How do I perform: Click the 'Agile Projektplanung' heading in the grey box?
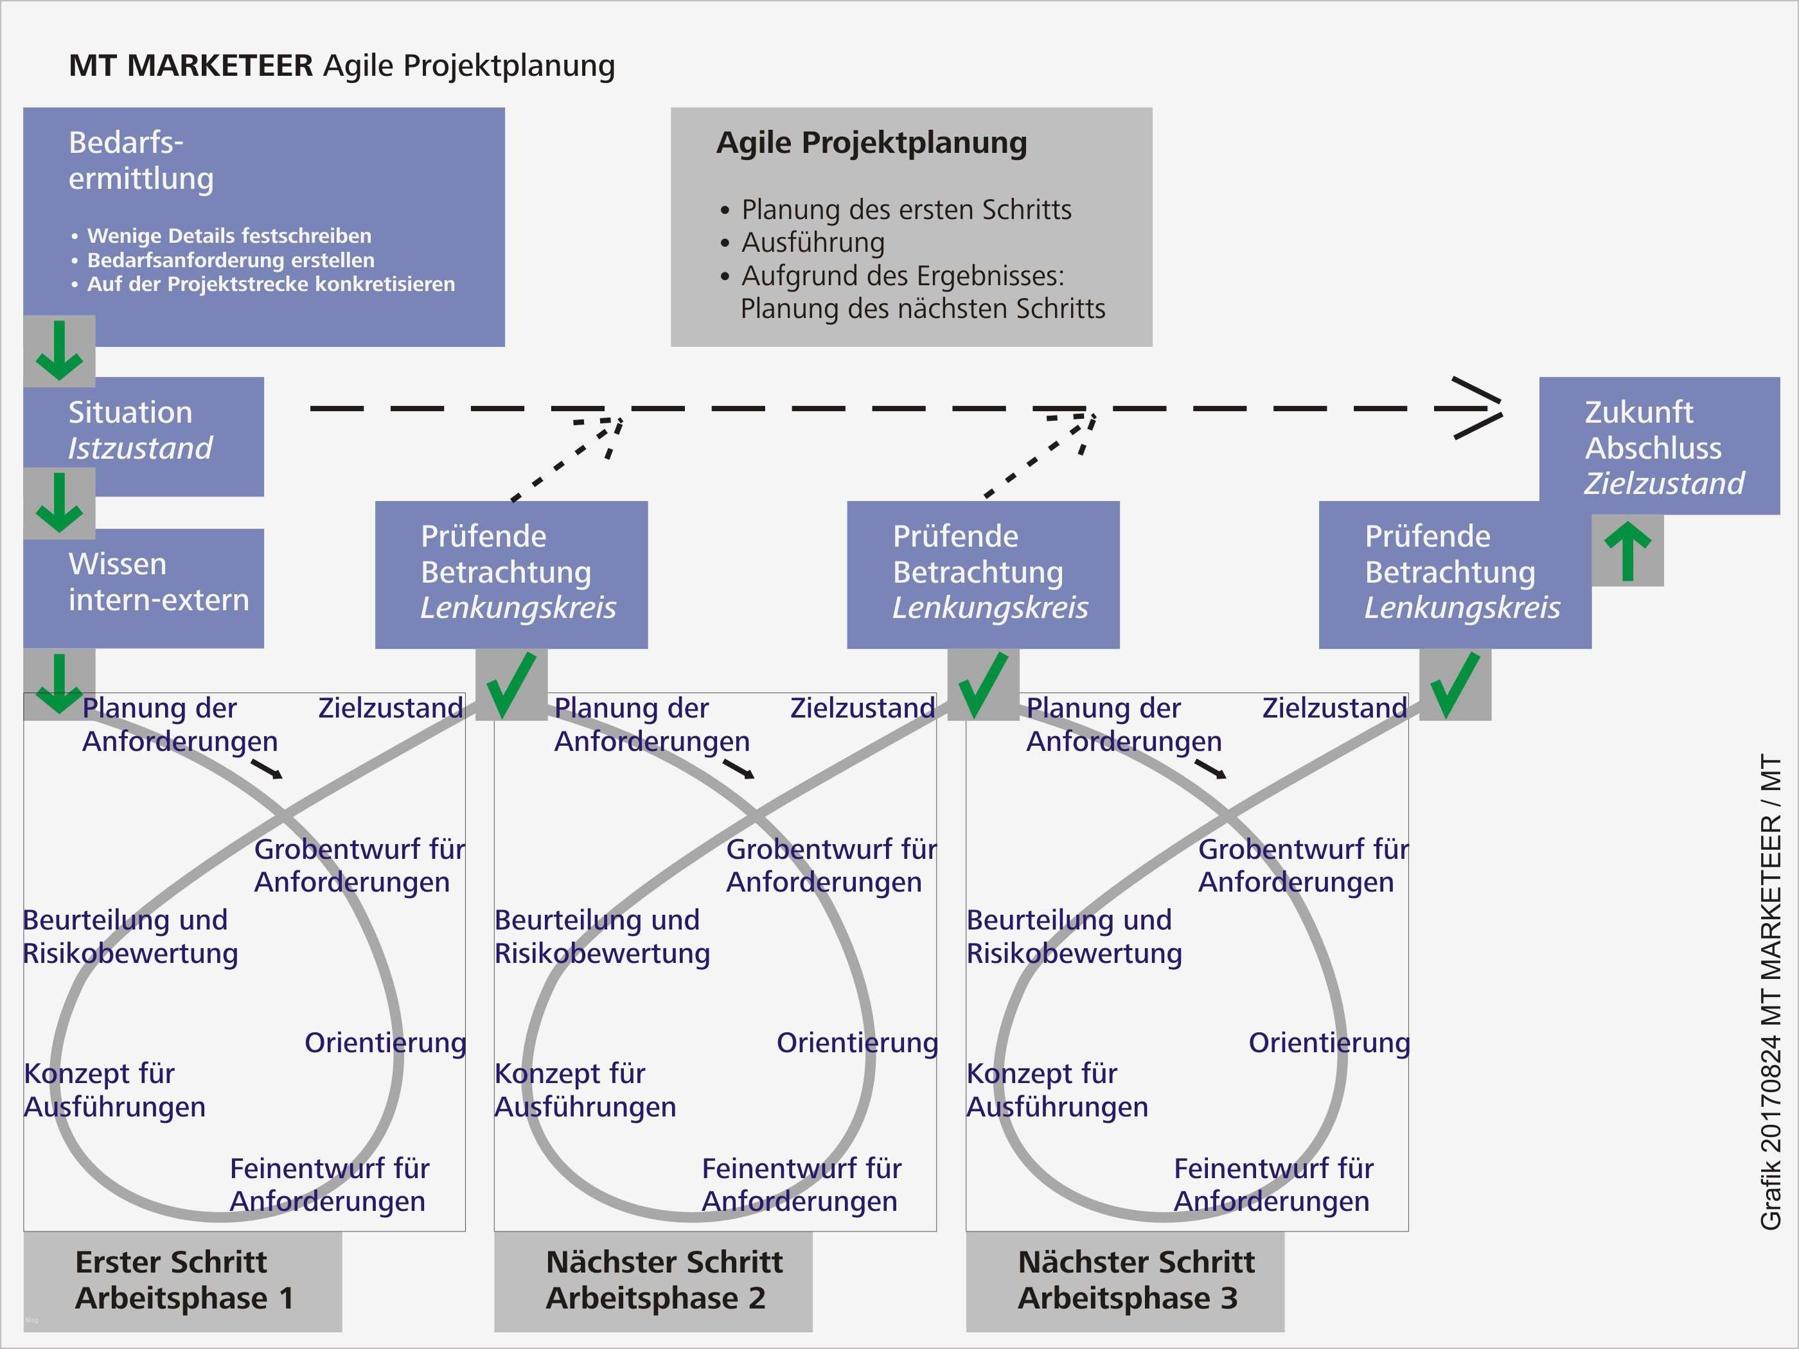871,143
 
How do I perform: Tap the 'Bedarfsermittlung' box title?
141,160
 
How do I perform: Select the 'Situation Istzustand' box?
143,431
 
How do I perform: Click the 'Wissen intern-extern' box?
143,582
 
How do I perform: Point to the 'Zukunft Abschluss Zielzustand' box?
1659,447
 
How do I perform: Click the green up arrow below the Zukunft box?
1627,551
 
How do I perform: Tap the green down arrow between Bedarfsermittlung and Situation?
59,351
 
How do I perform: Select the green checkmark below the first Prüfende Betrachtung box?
511,685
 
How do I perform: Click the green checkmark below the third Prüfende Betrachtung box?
1455,685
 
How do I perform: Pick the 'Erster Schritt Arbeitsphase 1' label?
183,1280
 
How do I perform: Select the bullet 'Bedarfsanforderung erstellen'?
231,260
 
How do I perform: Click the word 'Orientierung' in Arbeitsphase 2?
856,1043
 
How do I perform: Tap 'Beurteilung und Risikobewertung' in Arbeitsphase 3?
1074,936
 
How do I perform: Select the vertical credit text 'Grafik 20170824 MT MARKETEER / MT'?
1771,992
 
